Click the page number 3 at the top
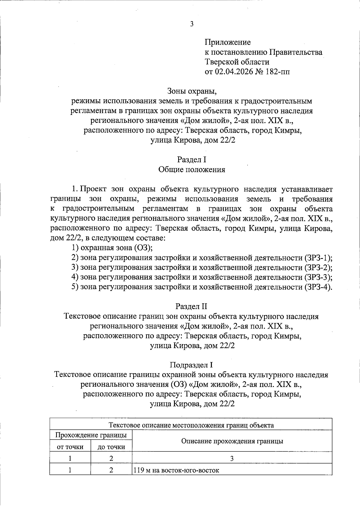(192, 24)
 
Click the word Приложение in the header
(227, 42)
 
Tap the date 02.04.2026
(232, 72)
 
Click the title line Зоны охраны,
(192, 91)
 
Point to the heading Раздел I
(192, 160)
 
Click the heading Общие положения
(192, 169)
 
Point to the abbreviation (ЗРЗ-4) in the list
(318, 287)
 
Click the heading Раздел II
(191, 306)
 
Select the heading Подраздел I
(191, 365)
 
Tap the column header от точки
(70, 447)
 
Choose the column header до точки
(111, 447)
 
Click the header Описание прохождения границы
(232, 441)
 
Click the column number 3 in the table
(232, 458)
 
